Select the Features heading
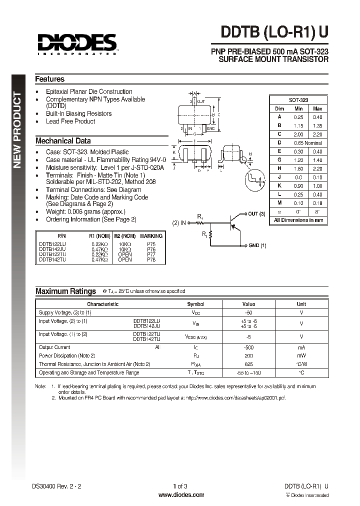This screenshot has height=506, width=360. [49, 79]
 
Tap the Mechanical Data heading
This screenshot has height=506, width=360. [63, 141]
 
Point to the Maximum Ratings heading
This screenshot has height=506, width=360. [65, 291]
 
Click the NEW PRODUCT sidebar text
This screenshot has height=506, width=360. [17, 129]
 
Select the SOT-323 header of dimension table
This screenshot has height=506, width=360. [298, 100]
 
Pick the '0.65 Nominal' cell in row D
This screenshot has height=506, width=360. [308, 143]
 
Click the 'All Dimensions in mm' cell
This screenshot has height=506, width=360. [298, 220]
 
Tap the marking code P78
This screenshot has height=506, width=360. [151, 260]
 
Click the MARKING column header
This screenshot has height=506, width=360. [151, 235]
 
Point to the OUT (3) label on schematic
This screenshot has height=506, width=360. [257, 214]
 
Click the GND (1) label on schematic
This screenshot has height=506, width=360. [257, 245]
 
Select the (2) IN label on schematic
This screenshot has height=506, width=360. [179, 222]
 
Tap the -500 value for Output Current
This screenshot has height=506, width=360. [248, 347]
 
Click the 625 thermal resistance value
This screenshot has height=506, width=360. [248, 364]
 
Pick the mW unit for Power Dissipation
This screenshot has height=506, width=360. [301, 355]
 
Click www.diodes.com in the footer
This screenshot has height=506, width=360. [181, 495]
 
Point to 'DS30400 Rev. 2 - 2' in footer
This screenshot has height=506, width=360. [55, 486]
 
